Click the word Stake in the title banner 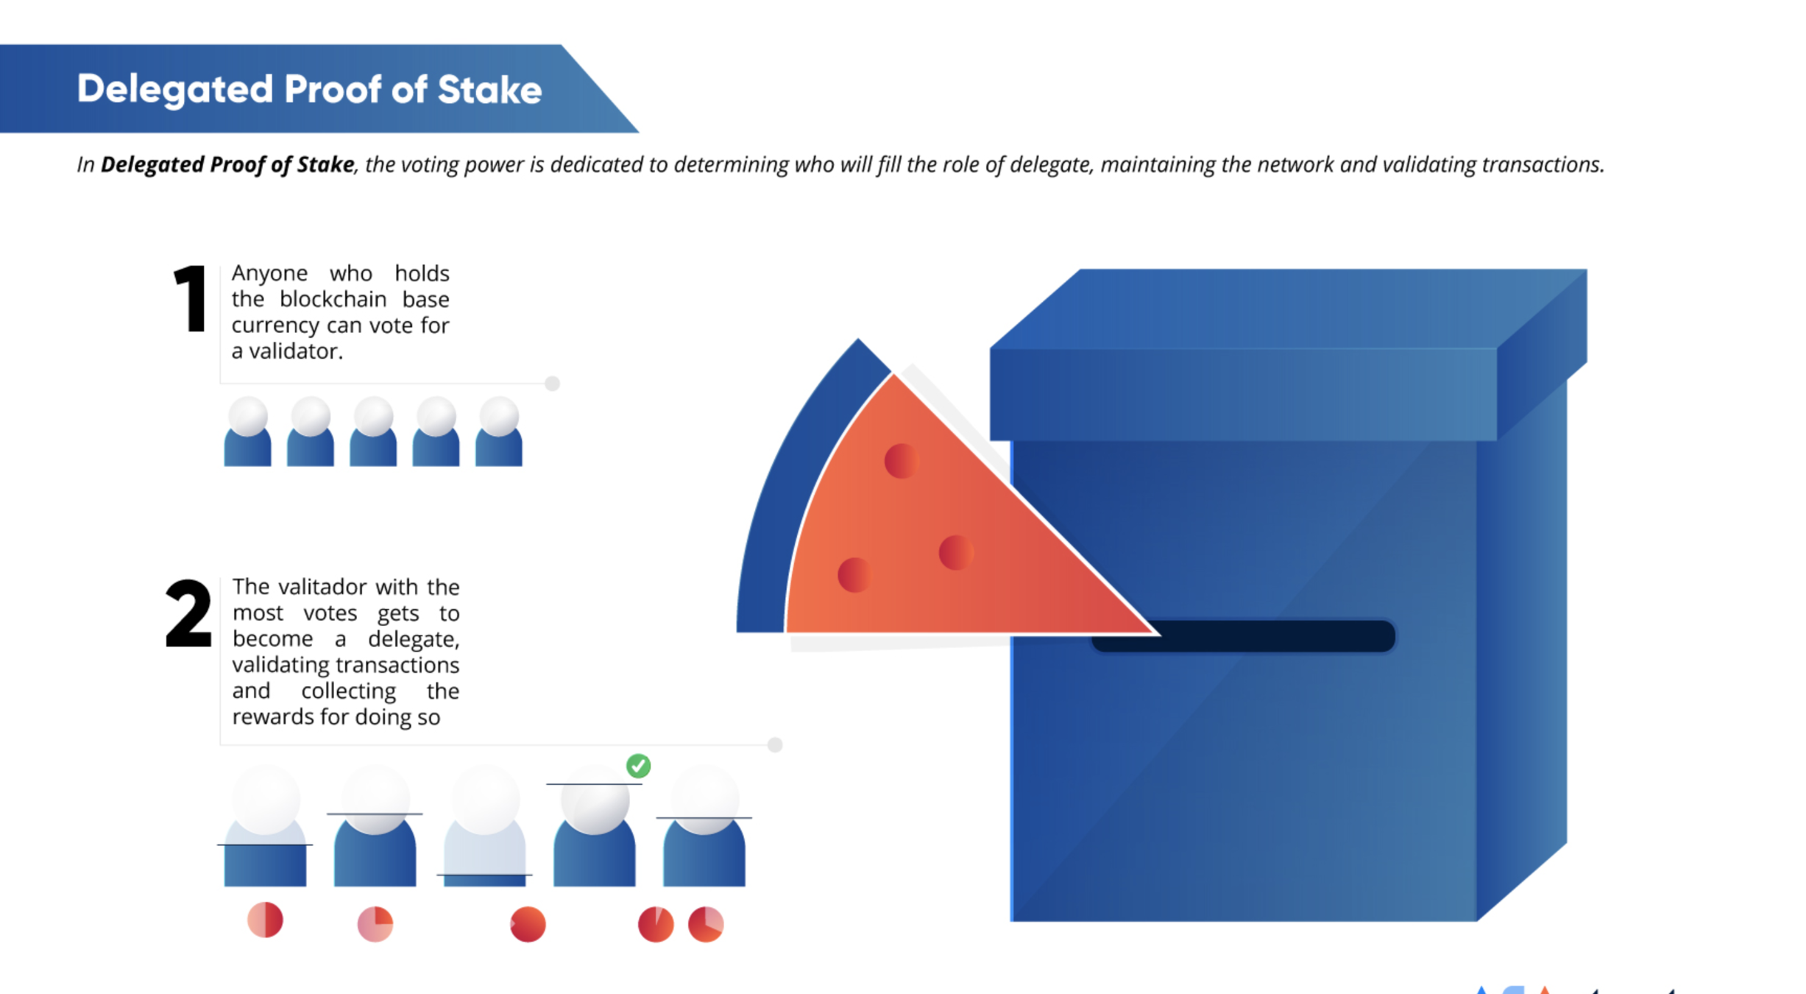coord(489,90)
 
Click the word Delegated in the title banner coord(175,90)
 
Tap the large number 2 coord(188,613)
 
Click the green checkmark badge coord(638,766)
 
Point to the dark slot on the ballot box coord(1244,636)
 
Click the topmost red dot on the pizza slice coord(901,462)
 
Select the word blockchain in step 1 coord(333,300)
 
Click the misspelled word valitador coord(322,587)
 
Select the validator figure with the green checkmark coord(595,832)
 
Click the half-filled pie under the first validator coord(265,920)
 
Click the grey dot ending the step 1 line coord(552,384)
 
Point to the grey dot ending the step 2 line coord(774,744)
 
